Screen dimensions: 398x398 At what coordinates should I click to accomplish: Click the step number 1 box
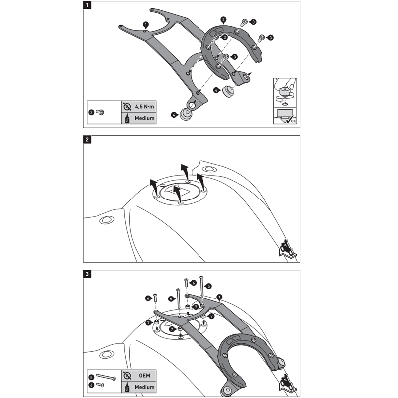pyautogui.click(x=88, y=6)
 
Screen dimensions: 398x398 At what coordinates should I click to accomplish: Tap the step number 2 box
pyautogui.click(x=88, y=140)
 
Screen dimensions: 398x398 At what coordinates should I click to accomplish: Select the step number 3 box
pyautogui.click(x=88, y=274)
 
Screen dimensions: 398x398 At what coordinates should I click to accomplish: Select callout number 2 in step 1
pyautogui.click(x=224, y=20)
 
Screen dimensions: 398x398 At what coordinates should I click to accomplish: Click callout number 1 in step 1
pyautogui.click(x=145, y=23)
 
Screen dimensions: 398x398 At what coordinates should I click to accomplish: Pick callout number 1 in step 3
pyautogui.click(x=219, y=297)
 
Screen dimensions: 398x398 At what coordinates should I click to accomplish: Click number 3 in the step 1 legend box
pyautogui.click(x=91, y=113)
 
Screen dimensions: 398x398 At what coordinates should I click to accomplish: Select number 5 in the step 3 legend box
pyautogui.click(x=91, y=377)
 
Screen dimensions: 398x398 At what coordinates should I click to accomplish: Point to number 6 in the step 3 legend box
pyautogui.click(x=91, y=385)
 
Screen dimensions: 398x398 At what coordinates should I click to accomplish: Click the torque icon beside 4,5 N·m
pyautogui.click(x=126, y=107)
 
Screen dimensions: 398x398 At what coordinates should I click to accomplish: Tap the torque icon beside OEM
pyautogui.click(x=126, y=375)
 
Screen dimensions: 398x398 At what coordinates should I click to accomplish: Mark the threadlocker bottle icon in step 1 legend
pyautogui.click(x=126, y=119)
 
